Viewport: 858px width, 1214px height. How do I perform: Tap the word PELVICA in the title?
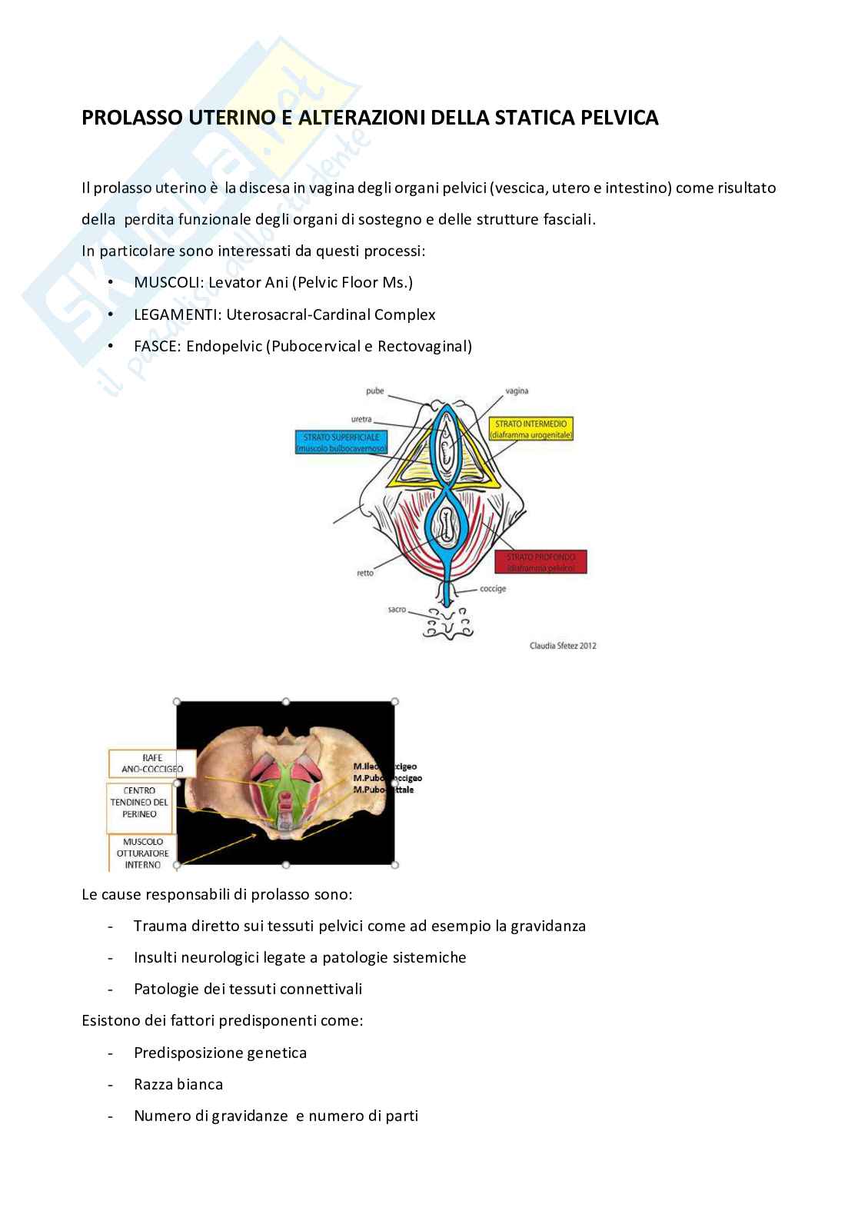coord(620,118)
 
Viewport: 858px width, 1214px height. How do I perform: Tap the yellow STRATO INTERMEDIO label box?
coord(531,429)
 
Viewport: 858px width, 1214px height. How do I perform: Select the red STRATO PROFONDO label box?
coord(541,562)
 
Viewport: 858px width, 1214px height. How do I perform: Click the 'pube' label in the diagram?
coord(374,391)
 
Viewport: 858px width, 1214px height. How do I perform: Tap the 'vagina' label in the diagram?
coord(517,391)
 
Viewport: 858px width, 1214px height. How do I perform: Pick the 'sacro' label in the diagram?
coord(397,609)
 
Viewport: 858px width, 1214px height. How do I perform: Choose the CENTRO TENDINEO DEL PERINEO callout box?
coord(139,802)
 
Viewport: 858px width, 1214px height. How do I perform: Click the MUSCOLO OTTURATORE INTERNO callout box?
coord(142,853)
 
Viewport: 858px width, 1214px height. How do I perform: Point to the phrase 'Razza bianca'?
coord(178,1084)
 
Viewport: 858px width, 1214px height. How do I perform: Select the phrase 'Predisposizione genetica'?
coord(220,1053)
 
